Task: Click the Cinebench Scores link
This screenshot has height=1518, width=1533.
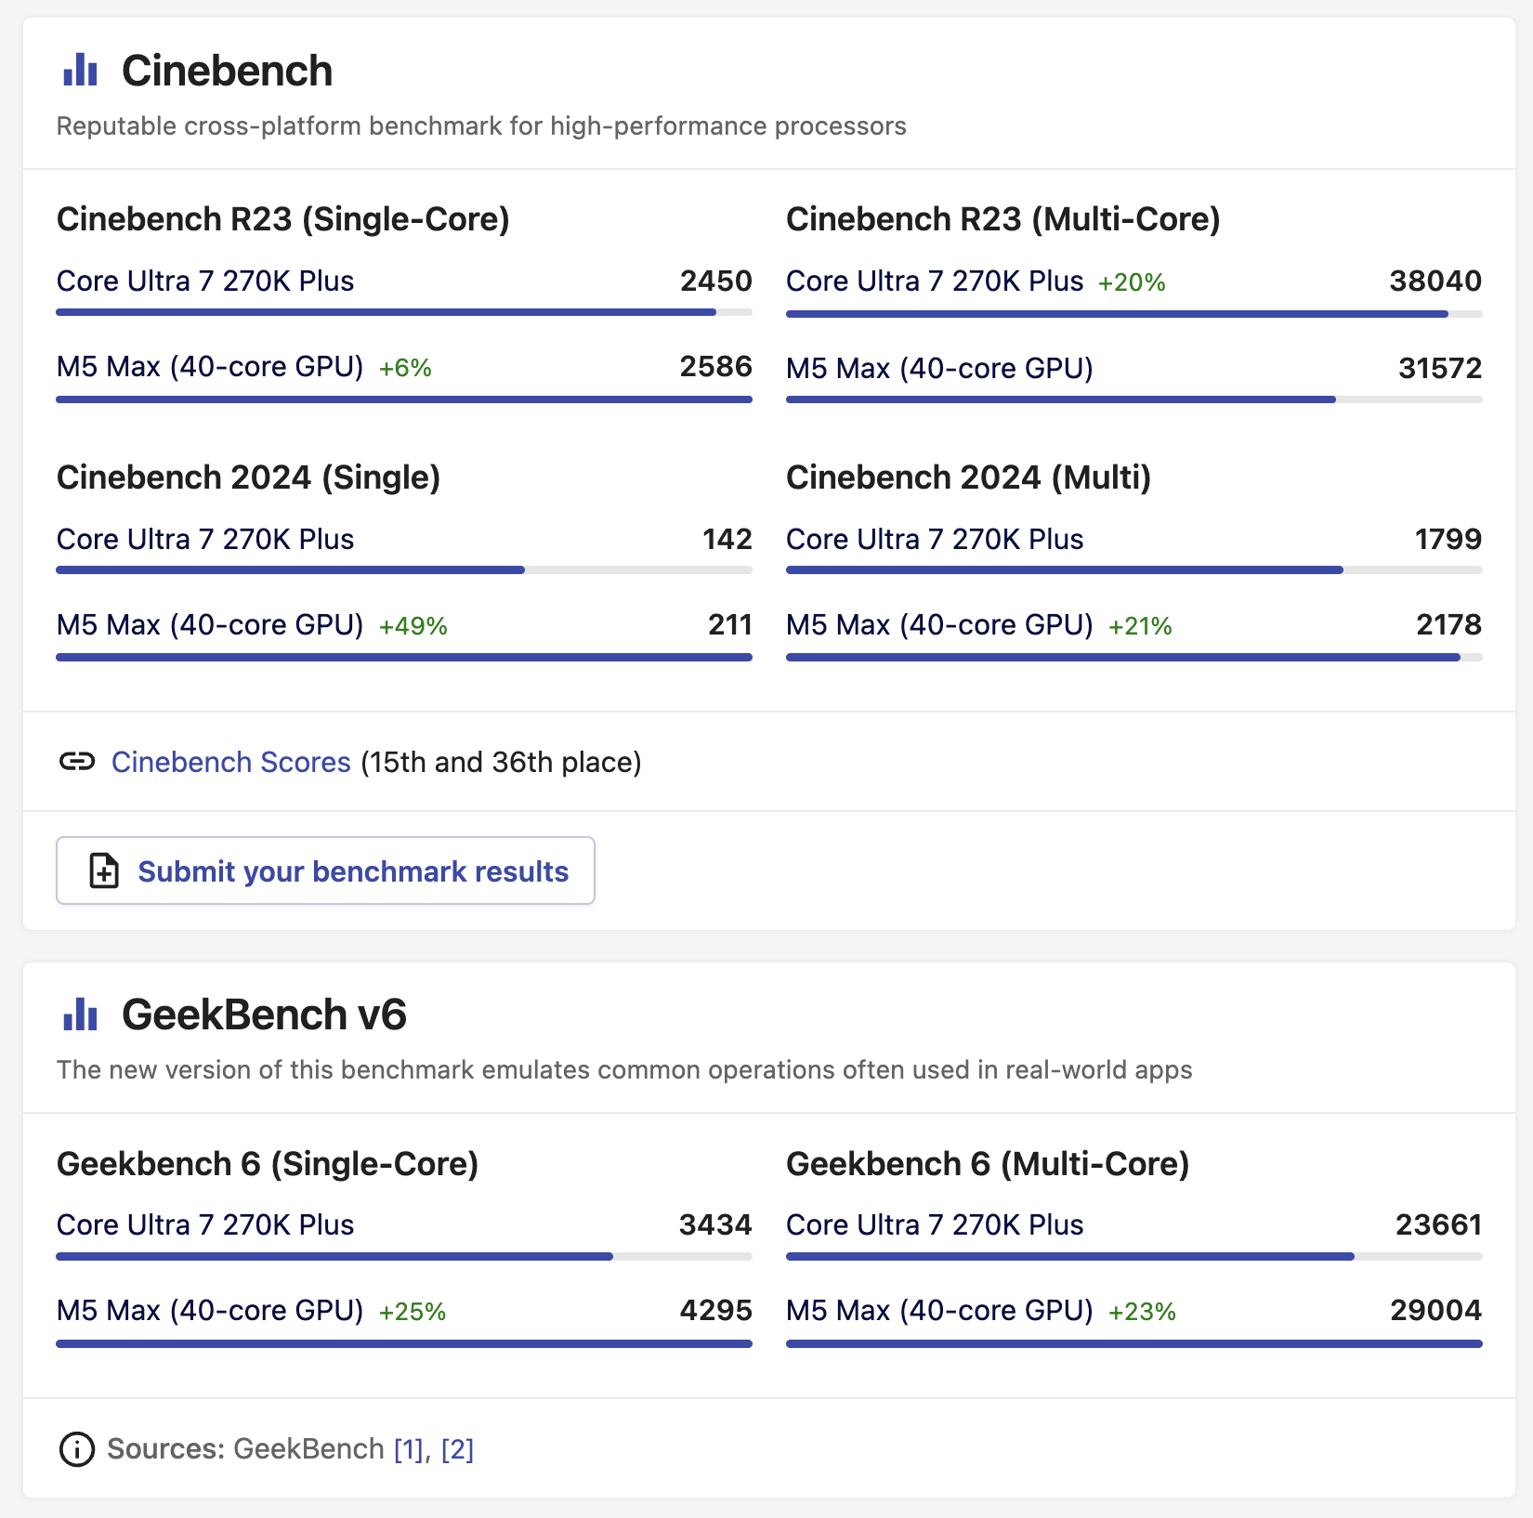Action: pos(230,762)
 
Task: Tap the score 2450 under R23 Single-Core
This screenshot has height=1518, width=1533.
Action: pos(715,281)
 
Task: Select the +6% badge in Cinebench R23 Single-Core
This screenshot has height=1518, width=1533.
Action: pos(405,368)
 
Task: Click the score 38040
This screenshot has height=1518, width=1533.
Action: pos(1435,281)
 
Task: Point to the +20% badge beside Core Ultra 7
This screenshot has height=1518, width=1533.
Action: pos(1131,282)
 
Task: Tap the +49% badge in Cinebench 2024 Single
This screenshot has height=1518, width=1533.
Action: pos(413,626)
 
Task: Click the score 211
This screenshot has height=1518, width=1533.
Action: pos(729,624)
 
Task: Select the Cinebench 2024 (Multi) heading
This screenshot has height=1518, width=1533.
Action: pos(968,478)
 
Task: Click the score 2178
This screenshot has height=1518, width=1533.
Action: pos(1448,624)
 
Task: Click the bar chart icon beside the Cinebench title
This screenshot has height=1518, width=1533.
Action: pos(80,71)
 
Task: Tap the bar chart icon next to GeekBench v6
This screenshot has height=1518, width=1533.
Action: pos(80,1014)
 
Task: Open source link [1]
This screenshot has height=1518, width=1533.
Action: pos(409,1449)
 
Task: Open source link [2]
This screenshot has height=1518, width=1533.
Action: pos(457,1449)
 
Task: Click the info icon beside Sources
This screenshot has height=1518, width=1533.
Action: pos(76,1449)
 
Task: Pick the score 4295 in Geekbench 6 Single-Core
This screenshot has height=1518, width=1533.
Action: pos(715,1310)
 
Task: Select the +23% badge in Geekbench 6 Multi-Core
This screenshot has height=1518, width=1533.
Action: pos(1142,1312)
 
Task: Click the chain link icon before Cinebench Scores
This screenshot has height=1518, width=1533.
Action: pos(76,762)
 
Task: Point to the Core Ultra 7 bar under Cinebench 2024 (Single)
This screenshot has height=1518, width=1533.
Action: pos(290,569)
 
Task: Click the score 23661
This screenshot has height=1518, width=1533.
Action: pos(1437,1224)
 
